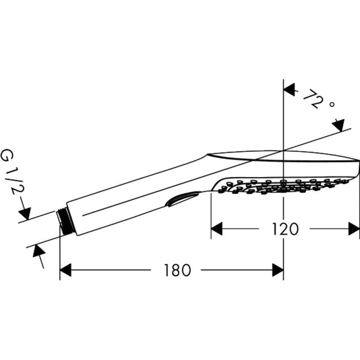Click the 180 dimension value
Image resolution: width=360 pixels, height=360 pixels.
(x=177, y=270)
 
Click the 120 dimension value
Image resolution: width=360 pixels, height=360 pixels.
(x=285, y=229)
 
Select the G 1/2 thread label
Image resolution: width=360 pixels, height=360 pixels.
(x=13, y=172)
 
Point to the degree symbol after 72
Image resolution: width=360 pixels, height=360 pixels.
(x=332, y=104)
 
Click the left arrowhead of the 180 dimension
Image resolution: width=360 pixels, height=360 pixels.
(x=65, y=270)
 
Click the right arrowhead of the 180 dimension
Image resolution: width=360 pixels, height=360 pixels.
(x=278, y=270)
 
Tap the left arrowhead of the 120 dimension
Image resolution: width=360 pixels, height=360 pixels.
(x=217, y=229)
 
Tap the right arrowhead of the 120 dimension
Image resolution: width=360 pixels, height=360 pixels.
(x=354, y=229)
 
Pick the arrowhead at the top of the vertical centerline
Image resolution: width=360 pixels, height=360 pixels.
(x=289, y=89)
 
